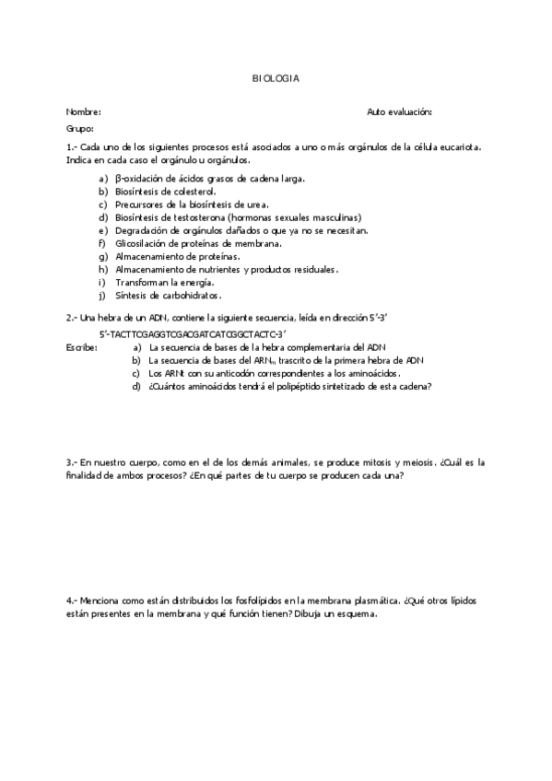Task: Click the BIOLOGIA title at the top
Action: pos(276,79)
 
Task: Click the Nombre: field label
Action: pos(83,111)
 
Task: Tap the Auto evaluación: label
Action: pos(399,111)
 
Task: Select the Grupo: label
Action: pos(80,129)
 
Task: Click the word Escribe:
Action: pos(83,347)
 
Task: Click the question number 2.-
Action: pos(72,316)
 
